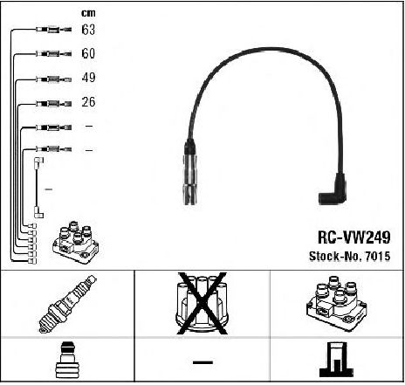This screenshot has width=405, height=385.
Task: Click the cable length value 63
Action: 88,30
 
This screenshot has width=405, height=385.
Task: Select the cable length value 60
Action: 88,53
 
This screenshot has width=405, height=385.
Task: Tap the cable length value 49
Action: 88,78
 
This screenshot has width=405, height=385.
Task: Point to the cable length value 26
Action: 88,102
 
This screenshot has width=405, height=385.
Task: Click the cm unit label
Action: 88,13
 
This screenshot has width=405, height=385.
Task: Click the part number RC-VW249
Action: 354,237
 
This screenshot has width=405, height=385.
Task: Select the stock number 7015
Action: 378,256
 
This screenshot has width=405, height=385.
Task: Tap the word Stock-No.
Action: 335,256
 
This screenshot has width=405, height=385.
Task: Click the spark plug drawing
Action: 67,304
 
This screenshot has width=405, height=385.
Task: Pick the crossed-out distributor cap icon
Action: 202,303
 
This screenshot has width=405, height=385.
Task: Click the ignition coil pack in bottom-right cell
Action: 337,303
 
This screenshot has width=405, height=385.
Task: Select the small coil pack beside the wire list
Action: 75,243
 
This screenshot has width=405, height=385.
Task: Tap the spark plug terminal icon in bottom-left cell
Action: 67,360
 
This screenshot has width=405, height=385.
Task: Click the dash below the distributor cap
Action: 202,362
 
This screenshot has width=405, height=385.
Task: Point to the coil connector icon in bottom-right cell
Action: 337,360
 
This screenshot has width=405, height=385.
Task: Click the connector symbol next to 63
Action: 54,30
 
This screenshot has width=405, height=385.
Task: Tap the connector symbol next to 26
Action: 54,103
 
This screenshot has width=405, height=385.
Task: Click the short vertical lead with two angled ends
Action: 37,188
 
